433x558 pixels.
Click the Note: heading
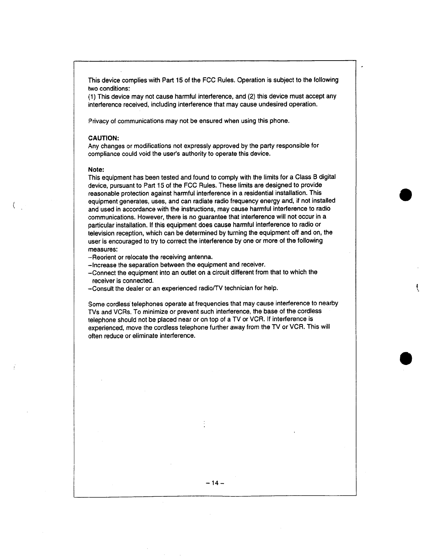[x=95, y=169]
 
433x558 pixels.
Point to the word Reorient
[x=103, y=257]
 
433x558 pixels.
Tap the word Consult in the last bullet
[x=103, y=289]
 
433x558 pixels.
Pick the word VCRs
[x=122, y=312]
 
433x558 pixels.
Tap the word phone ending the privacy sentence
[x=279, y=121]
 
